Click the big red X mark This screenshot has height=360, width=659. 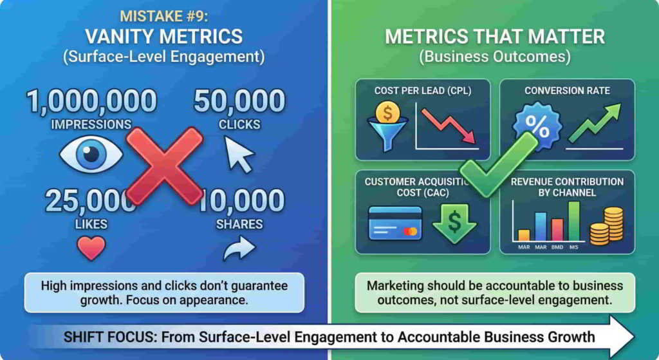tap(164, 167)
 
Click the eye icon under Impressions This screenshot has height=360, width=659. tap(91, 155)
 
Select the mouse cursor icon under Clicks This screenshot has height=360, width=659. tap(239, 155)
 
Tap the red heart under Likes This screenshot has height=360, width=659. tap(91, 248)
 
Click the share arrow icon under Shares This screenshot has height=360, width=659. tap(239, 249)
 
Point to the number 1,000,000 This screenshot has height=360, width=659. tap(91, 101)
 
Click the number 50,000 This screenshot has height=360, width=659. tap(239, 101)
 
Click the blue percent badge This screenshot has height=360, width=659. tap(537, 127)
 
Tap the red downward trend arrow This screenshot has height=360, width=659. tap(449, 126)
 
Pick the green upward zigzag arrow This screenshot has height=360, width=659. tap(594, 124)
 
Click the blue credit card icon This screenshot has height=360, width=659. tap(395, 223)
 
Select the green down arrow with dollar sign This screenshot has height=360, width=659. tap(454, 223)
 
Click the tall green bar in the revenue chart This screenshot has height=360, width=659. tap(573, 221)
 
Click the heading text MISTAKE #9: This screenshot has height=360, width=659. tap(164, 16)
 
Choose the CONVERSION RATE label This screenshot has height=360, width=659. tap(567, 90)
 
